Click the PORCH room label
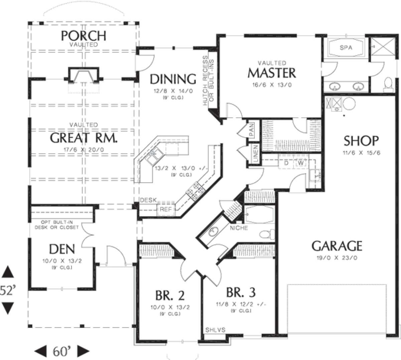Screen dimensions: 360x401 pos(84,35)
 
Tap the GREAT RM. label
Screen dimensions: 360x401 pos(84,138)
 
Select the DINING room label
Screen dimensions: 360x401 pos(173,79)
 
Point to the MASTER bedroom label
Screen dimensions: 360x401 pos(271,73)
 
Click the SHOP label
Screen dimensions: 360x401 pos(361,141)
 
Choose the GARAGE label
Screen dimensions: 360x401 pos(337,246)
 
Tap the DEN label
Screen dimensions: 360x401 pos(62,249)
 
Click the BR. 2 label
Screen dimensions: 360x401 pos(170,295)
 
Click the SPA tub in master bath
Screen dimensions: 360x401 pos(346,48)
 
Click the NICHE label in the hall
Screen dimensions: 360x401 pos(239,228)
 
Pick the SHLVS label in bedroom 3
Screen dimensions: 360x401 pos(215,330)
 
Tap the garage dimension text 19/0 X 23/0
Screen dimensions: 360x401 pos(337,258)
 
